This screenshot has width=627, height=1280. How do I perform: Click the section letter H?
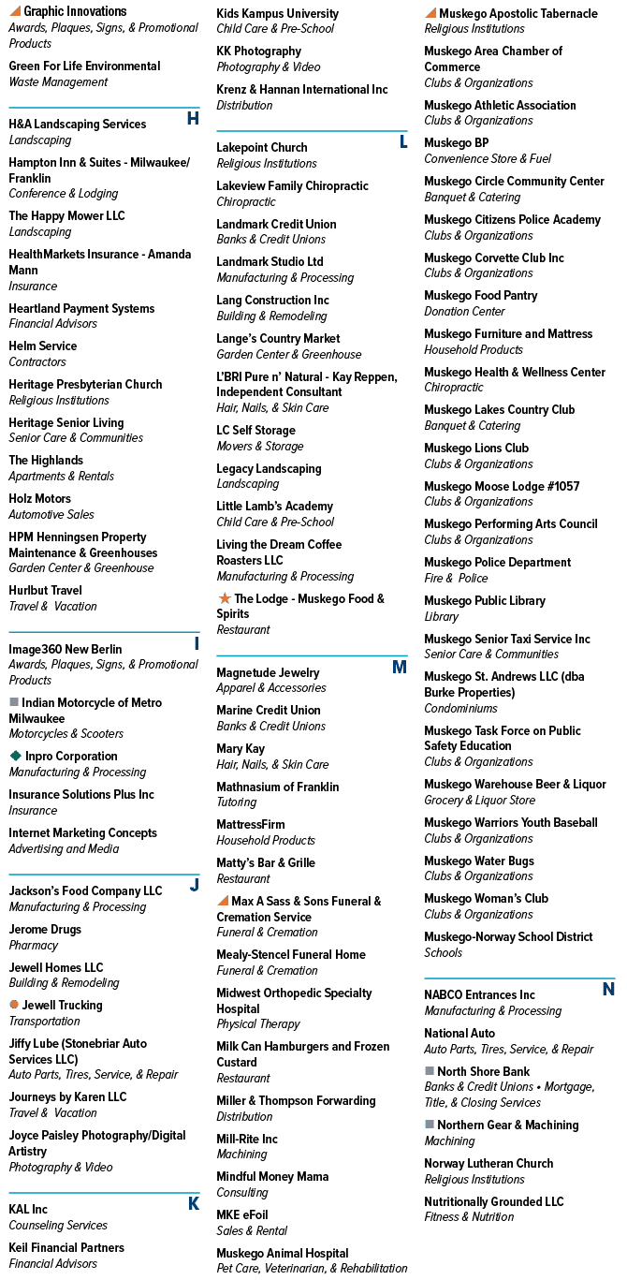click(193, 118)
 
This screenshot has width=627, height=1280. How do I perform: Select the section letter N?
click(608, 989)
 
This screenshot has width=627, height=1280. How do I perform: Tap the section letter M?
click(400, 667)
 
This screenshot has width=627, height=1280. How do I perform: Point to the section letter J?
click(195, 885)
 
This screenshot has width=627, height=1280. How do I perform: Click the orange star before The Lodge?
click(225, 597)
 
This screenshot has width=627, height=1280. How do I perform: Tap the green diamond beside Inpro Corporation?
click(15, 756)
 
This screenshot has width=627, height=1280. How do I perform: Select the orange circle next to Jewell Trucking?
click(14, 1004)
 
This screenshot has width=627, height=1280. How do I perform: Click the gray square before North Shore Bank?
click(430, 1070)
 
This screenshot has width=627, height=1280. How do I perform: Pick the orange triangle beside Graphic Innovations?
click(15, 11)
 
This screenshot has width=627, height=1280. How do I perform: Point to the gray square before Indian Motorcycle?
click(14, 701)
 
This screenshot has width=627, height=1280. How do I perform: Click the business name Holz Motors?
click(40, 498)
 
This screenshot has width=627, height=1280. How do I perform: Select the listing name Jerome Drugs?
click(45, 929)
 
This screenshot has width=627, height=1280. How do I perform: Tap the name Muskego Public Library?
click(485, 600)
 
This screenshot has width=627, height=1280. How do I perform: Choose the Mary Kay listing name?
click(241, 748)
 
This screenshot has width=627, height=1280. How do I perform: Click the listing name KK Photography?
click(258, 51)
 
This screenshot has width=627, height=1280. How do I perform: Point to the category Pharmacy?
click(33, 945)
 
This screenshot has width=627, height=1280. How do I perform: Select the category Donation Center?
click(464, 312)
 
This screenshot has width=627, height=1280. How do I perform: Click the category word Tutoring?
click(237, 802)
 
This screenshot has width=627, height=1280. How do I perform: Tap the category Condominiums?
click(460, 709)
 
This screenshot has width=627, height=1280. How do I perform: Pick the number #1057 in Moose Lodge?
click(563, 486)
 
